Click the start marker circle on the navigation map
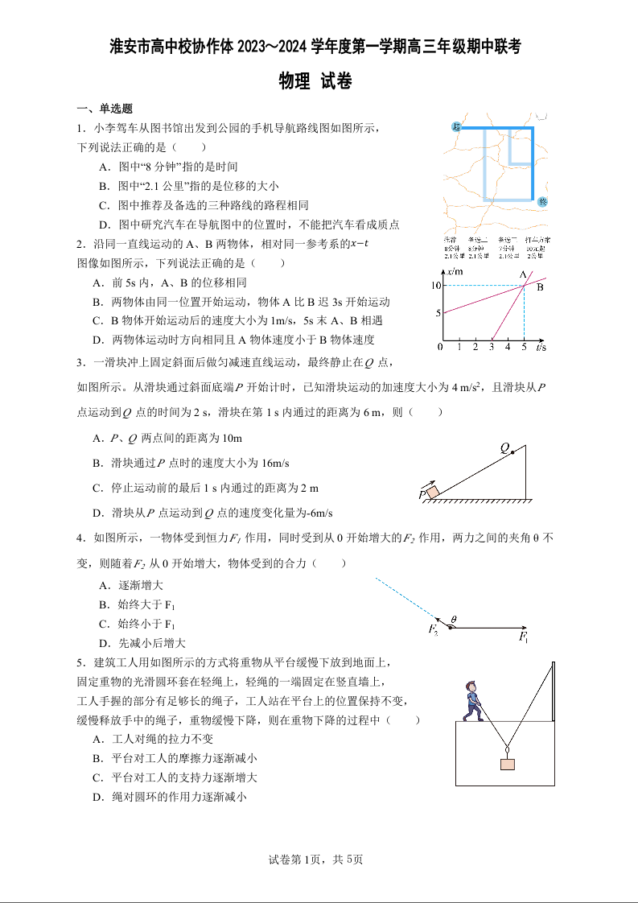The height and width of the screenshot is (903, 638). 456,126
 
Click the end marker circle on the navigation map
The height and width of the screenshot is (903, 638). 542,201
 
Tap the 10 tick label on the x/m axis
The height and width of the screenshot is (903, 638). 434,286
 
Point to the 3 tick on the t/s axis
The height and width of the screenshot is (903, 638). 492,347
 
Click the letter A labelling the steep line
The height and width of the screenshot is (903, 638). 522,274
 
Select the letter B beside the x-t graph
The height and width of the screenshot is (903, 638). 541,287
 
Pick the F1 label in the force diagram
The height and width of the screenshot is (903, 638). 524,638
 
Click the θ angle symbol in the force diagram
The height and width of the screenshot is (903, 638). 454,619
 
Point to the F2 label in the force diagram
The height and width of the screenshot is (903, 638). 434,629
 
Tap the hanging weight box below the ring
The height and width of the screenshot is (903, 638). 507,764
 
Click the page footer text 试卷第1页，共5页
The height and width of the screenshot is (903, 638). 319,860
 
